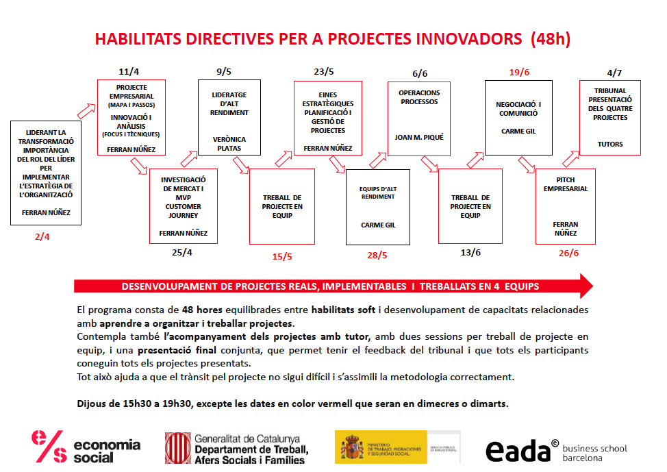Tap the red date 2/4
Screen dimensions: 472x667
coord(42,237)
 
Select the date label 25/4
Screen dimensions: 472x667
coord(182,252)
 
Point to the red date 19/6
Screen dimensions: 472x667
coord(519,72)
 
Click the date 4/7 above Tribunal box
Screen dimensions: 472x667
coord(614,73)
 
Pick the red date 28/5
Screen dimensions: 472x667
coord(377,256)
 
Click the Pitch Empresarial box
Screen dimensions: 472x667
coord(565,206)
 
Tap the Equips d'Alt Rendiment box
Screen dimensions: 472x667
coord(377,207)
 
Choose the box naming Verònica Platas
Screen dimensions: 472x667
coord(229,143)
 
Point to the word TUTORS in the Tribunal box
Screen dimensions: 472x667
coord(609,145)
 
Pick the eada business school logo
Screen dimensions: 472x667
coord(556,451)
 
